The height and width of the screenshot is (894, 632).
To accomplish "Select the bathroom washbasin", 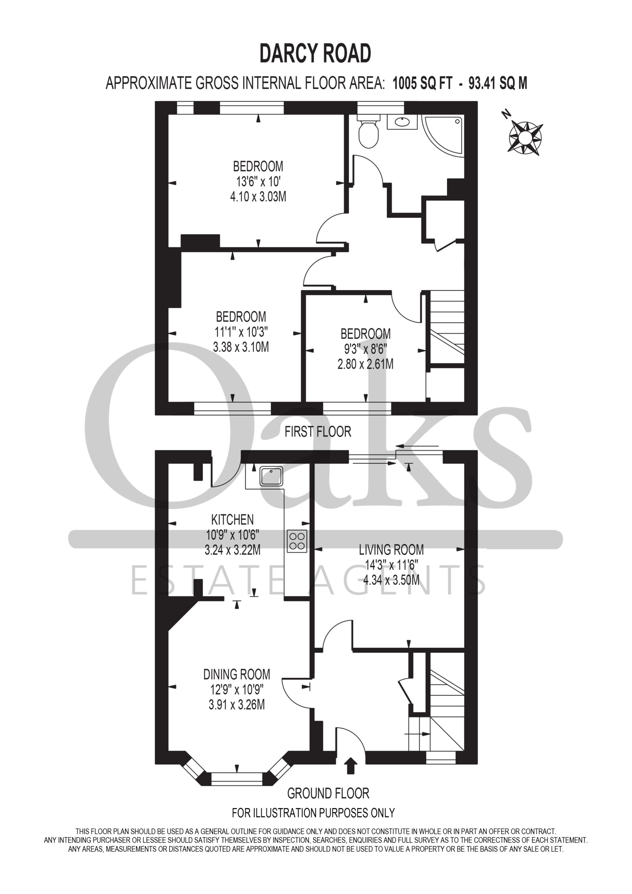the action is (x=402, y=122).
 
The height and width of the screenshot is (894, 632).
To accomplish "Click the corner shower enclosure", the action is (x=443, y=135).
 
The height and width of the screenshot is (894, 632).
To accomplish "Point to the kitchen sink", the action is (x=272, y=476).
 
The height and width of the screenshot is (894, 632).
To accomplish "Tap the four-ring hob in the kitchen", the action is (x=297, y=541).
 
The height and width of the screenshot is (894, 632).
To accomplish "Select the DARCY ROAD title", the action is (x=315, y=54).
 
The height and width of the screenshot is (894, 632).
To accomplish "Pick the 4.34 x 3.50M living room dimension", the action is (x=391, y=580).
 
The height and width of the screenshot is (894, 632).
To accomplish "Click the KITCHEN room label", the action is (x=233, y=519).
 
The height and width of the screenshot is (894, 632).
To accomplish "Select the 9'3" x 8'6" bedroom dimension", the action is (x=365, y=349).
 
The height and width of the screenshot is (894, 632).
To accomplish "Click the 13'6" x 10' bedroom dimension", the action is (x=258, y=182).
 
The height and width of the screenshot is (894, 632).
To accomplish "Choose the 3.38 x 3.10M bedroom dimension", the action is (x=241, y=347).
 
